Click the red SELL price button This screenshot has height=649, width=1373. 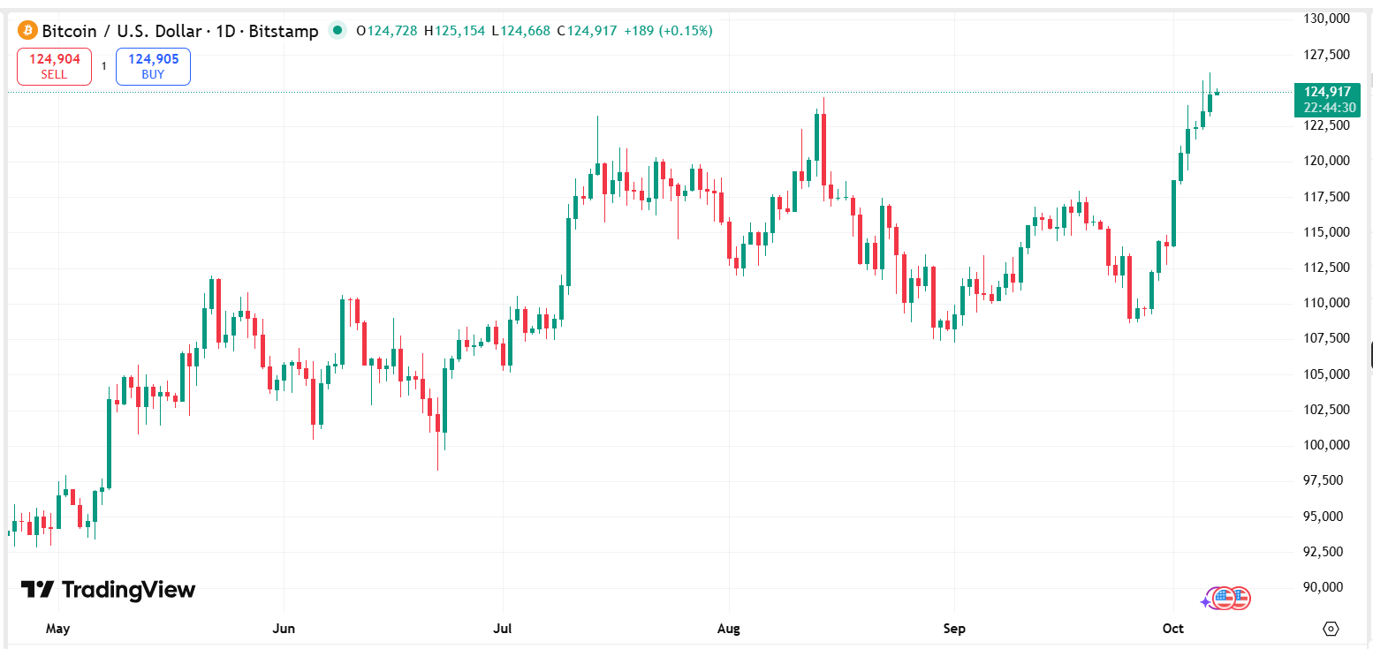54,66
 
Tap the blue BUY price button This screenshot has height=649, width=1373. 153,66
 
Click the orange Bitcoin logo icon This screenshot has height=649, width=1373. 27,31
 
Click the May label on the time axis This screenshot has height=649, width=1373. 57,629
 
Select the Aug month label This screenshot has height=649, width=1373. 728,629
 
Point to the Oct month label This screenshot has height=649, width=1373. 1172,629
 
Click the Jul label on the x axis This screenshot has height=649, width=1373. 503,629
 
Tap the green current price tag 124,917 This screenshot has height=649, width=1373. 1326,92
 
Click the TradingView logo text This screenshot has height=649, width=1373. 108,590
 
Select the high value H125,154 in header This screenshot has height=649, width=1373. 454,31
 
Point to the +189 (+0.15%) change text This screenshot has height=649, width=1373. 668,31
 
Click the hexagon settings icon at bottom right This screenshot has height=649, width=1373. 1331,629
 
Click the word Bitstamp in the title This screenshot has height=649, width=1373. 284,31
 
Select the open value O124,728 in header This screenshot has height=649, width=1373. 386,31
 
